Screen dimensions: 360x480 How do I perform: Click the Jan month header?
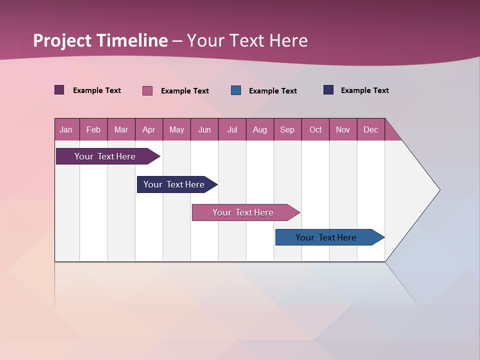[66, 130]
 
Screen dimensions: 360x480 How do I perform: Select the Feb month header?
[93, 130]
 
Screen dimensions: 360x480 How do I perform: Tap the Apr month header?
[148, 130]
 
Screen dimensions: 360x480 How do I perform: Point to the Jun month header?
[204, 130]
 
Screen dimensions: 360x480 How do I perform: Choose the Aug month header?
[259, 130]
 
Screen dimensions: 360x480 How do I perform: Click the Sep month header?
[287, 130]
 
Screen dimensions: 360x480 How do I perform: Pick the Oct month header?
[315, 130]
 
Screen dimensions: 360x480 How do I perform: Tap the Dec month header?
[370, 130]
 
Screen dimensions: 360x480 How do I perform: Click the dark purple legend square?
[59, 90]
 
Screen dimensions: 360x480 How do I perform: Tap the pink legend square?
[147, 90]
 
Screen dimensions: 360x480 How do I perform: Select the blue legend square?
[236, 90]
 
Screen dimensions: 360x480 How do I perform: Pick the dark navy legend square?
[328, 90]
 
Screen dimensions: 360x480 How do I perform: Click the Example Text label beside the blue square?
[272, 91]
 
